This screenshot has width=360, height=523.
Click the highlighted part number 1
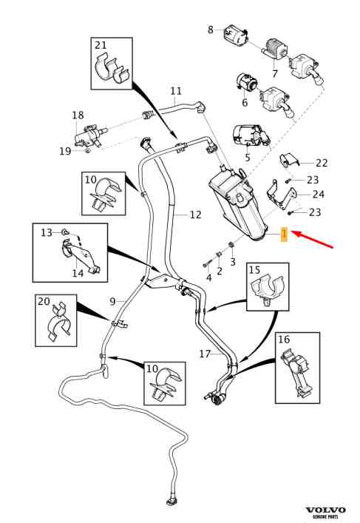pos(284,234)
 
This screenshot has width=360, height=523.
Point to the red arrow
pos(313,239)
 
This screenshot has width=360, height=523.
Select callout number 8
pos(211,30)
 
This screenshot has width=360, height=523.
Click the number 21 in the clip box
pos(101,45)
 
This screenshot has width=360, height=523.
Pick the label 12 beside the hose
pos(196,215)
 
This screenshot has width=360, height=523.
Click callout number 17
pos(205,354)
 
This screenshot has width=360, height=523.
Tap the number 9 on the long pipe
pos(112,302)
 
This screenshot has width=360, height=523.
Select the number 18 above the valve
pos(78,115)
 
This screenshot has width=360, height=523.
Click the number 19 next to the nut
pos(65,151)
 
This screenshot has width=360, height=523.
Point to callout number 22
pos(322,163)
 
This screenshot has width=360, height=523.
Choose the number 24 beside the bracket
pos(319,194)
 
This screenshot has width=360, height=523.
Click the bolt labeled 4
pos(206,265)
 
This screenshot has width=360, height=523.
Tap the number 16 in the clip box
pos(284,340)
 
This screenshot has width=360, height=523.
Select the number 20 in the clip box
pos(44,301)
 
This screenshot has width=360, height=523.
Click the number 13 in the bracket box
pos(47,232)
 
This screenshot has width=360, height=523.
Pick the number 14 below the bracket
pos(78,273)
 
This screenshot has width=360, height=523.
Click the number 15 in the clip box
pos(254,270)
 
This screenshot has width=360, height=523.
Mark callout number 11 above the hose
pos(176,91)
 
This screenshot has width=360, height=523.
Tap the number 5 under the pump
pos(248,158)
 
